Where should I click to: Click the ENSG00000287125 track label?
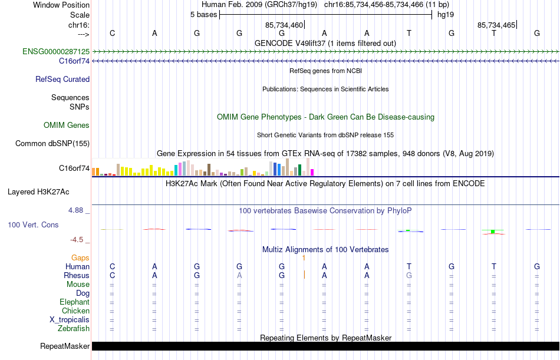coord(56,52)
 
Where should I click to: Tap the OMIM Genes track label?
coord(67,125)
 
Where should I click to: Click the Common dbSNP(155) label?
coord(52,143)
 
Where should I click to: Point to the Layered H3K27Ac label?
coord(38,191)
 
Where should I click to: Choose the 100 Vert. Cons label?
coord(33,225)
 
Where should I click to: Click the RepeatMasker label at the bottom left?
coord(65,346)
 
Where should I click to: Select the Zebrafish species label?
coord(74,328)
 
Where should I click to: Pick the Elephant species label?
coord(74,302)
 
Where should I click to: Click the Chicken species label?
coord(75,311)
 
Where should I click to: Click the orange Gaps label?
coord(80,257)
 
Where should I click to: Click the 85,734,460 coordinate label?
coord(284,25)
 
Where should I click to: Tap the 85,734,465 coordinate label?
coord(496,25)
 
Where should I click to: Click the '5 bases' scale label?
coord(203,15)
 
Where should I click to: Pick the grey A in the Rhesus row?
coord(239,275)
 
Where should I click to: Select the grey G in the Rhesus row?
coord(409,275)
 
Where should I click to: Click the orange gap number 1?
coord(303,257)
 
